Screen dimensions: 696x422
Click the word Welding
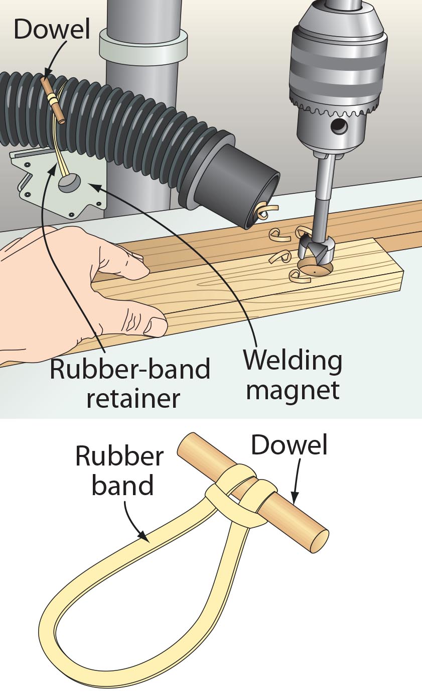pyautogui.click(x=293, y=361)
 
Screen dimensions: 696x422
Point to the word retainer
pyautogui.click(x=133, y=398)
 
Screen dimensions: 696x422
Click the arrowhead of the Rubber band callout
pyautogui.click(x=149, y=540)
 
